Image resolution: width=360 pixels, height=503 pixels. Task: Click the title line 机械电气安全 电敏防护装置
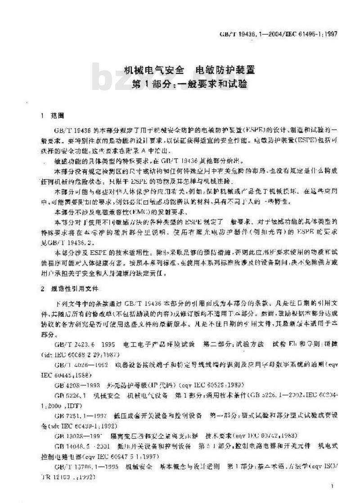pos(189,70)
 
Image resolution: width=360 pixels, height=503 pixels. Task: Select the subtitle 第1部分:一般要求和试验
pos(189,84)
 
